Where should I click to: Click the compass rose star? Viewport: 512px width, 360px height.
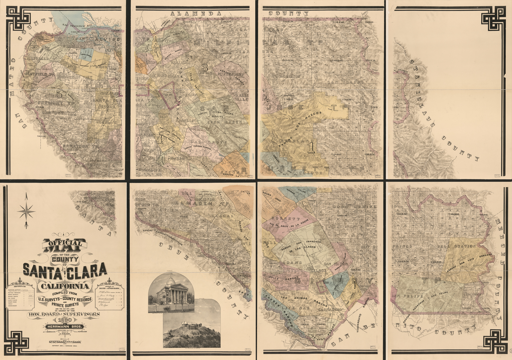(x=26, y=211)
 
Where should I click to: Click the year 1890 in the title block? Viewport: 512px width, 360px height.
(x=64, y=320)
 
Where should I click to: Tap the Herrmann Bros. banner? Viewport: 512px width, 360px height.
(x=64, y=327)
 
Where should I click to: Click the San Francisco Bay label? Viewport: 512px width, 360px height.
(x=77, y=25)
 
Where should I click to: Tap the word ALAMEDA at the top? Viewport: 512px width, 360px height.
(x=196, y=13)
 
